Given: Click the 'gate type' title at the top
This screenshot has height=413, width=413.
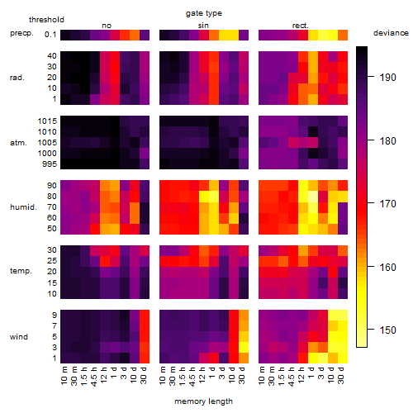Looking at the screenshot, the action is click(x=204, y=13).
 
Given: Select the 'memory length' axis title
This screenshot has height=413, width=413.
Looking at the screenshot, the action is click(x=203, y=401).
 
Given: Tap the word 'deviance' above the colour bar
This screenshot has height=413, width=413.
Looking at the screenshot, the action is click(x=391, y=33).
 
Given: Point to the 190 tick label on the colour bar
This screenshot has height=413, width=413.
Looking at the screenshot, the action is click(x=387, y=78).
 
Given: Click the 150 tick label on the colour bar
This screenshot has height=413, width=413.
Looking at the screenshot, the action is click(x=387, y=330).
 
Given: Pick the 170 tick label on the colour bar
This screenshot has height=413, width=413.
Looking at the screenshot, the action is click(x=387, y=204).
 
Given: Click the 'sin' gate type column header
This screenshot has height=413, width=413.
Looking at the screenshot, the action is click(x=203, y=26).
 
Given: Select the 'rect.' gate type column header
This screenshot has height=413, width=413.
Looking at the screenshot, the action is click(x=300, y=26).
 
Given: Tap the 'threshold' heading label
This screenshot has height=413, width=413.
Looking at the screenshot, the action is click(x=46, y=20).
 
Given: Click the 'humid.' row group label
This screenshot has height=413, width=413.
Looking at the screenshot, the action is click(x=23, y=206).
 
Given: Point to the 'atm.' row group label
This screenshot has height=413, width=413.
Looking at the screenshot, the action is click(x=18, y=143).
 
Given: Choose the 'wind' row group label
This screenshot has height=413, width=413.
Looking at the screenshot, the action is click(x=19, y=336).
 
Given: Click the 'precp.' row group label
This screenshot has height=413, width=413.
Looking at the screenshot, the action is click(x=21, y=33).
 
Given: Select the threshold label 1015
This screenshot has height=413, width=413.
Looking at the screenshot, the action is click(x=47, y=121).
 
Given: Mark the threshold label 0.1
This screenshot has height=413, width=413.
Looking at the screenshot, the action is click(x=50, y=35).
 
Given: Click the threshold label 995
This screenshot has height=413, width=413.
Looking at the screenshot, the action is click(x=50, y=164).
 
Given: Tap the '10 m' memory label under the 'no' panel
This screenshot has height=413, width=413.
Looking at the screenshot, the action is click(x=64, y=376).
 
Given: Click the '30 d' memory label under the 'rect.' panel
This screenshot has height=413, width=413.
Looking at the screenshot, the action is click(x=341, y=376).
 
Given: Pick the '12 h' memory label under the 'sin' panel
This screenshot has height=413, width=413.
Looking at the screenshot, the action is click(x=202, y=376).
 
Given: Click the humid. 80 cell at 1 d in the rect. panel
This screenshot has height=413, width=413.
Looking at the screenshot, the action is click(x=313, y=197).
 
